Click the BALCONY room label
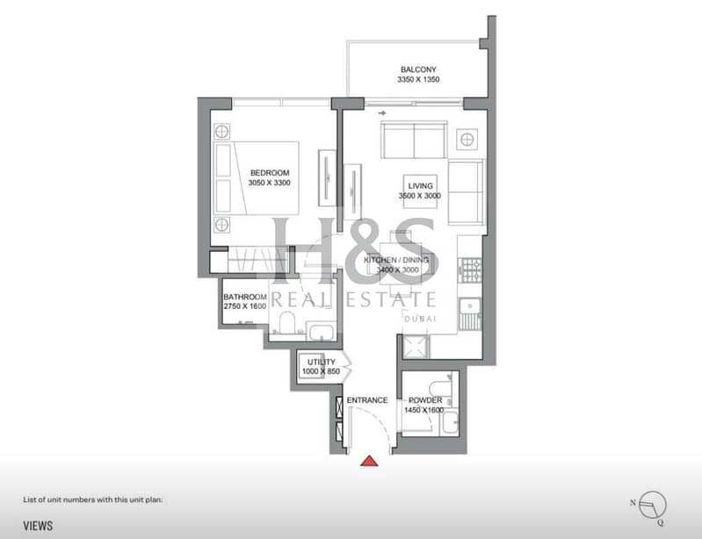418,69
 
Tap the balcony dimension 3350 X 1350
418,80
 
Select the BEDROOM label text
270,173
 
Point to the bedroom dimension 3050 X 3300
269,183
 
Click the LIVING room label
420,185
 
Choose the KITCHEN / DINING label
395,260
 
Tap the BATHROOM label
245,297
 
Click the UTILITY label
321,362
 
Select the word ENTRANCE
367,400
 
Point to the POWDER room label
425,400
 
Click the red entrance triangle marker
369,461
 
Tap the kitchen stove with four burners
470,270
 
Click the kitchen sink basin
470,306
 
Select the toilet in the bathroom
286,323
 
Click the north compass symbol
651,506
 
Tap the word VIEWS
38,526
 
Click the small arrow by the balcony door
382,113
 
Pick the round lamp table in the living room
467,139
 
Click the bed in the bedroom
257,178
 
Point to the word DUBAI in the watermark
420,319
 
